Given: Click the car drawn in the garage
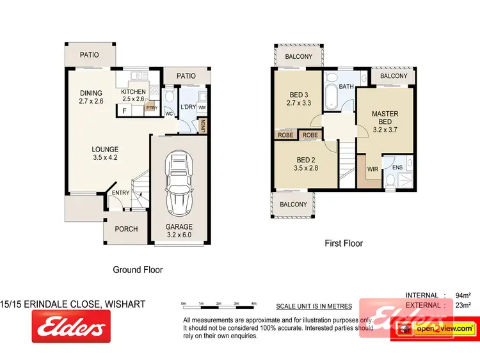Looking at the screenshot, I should coord(179,185).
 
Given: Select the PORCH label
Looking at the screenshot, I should coord(126,229).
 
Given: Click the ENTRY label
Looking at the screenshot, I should coord(120,193).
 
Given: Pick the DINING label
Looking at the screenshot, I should coord(92,93).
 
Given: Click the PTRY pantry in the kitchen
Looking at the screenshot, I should coord(151,108).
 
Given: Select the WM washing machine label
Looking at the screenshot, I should coord(202,107).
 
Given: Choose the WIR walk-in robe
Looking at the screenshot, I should coord(372,171).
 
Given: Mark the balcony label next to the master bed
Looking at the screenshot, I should coord(394,76).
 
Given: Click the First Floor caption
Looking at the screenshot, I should coord(344,243).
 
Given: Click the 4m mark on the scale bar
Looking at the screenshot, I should coord(254,303).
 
